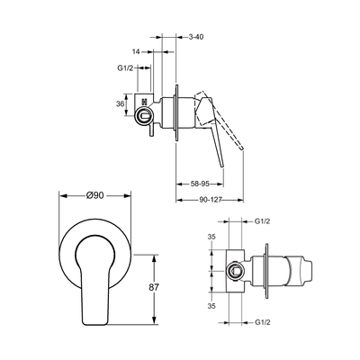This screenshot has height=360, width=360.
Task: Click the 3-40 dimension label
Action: point(196,37)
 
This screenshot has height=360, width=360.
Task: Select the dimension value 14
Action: point(136,51)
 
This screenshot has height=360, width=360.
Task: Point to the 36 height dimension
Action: point(120,104)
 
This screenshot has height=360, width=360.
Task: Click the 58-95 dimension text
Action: point(200,184)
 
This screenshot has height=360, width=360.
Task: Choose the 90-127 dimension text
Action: point(210,200)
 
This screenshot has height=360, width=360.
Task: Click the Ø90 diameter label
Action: point(94,195)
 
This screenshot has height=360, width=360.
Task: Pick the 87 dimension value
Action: point(154,287)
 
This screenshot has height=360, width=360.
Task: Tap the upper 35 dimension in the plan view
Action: point(211,237)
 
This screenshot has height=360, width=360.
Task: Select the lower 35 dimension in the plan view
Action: point(211,306)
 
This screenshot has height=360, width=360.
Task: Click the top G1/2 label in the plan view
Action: point(263,221)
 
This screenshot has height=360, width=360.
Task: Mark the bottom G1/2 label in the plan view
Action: point(263,322)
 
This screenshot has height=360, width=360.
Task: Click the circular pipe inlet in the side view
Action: point(145,115)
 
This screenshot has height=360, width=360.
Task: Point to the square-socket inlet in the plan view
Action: point(235,271)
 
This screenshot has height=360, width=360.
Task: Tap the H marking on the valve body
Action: point(145,102)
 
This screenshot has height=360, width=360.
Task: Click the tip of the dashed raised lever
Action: point(242,149)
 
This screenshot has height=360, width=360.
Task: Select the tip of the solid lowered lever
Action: point(222,166)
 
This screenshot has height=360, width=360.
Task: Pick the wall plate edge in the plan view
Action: point(266,271)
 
